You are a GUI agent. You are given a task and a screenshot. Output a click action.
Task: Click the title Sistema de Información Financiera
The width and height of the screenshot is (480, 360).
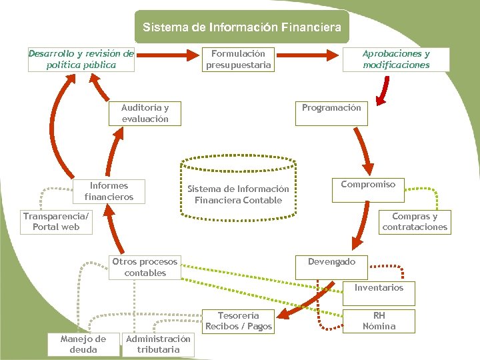click(x=241, y=27)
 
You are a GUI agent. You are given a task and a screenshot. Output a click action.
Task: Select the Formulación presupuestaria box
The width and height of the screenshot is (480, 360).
click(x=239, y=59)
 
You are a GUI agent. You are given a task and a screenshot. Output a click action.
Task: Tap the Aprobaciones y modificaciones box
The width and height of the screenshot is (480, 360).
click(x=396, y=59)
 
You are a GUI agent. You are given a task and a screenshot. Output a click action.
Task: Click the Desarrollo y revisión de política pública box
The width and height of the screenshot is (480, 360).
click(x=81, y=59)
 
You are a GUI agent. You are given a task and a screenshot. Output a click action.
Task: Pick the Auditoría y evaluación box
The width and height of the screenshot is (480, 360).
click(x=145, y=113)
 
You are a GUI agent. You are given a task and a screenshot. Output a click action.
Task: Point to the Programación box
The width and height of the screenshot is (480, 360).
click(x=331, y=113)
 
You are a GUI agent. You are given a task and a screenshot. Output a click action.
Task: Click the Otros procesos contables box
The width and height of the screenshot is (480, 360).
click(x=145, y=267)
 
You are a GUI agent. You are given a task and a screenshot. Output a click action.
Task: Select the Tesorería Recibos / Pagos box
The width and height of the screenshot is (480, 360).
click(x=239, y=321)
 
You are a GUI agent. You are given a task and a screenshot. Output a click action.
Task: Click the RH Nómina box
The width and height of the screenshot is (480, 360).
click(x=379, y=321)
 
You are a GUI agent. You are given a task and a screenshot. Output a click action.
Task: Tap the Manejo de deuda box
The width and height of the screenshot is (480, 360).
click(x=83, y=345)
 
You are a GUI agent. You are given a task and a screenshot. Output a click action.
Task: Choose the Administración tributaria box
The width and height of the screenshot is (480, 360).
click(x=158, y=345)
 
